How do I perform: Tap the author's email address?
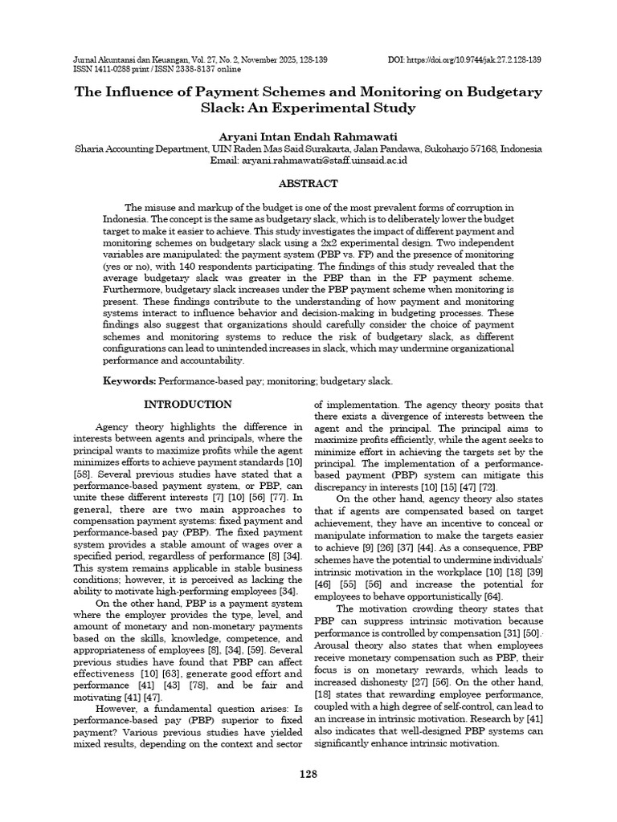click(x=333, y=161)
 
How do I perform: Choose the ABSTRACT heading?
click(x=308, y=184)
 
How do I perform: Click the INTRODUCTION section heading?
click(x=187, y=405)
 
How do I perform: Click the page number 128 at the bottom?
click(x=308, y=774)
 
